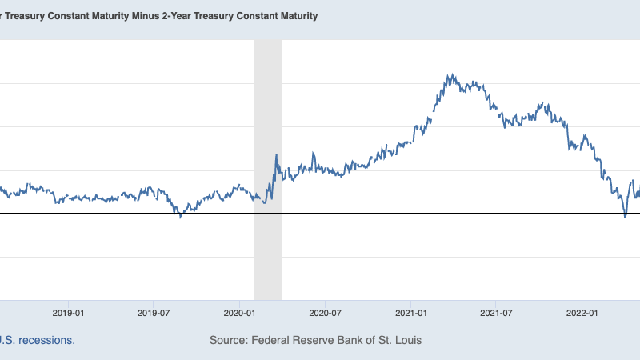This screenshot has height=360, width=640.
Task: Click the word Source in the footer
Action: click(x=228, y=340)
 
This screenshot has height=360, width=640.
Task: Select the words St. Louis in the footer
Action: click(x=397, y=340)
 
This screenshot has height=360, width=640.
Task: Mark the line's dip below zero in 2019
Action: click(x=181, y=217)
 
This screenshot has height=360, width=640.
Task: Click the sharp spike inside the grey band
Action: click(x=276, y=155)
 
